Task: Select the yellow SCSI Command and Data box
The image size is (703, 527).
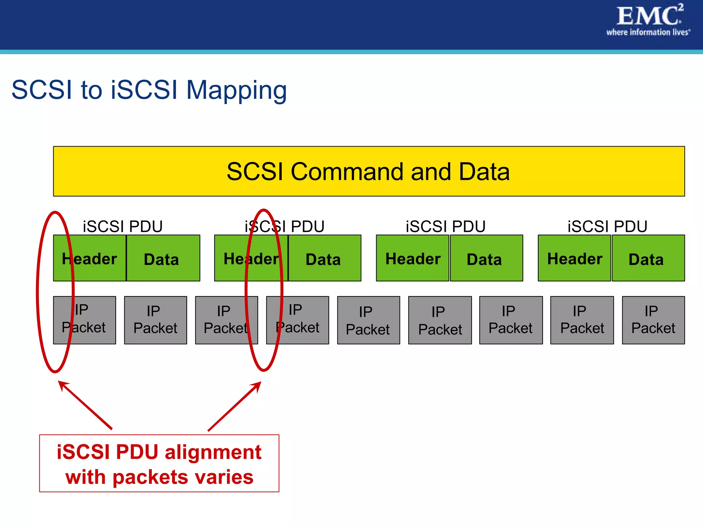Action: point(369,171)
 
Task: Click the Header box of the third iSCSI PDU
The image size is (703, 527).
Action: point(413,258)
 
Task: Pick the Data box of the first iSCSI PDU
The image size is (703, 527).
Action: point(163,258)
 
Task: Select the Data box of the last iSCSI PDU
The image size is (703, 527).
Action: point(648,258)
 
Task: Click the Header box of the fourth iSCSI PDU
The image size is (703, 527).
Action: point(574,258)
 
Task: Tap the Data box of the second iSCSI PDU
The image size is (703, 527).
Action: point(324,258)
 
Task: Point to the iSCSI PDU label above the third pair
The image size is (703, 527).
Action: point(446,226)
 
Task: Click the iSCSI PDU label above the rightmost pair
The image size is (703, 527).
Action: point(607,226)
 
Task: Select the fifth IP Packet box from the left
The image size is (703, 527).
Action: point(368,320)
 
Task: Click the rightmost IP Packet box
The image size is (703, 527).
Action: point(653,320)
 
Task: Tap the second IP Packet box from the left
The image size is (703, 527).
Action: point(155,320)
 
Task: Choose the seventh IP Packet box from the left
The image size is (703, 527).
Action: point(511,320)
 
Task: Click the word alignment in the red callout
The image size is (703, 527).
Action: point(213,452)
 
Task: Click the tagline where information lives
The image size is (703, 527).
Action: point(647,33)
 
